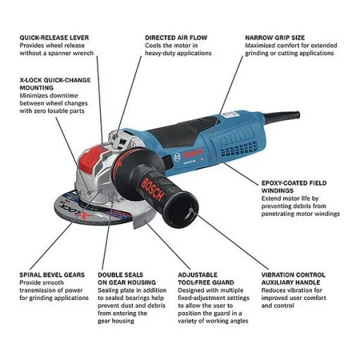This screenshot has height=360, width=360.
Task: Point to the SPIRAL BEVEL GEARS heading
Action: click(53, 274)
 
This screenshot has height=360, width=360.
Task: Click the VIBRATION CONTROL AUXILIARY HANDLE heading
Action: click(293, 278)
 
